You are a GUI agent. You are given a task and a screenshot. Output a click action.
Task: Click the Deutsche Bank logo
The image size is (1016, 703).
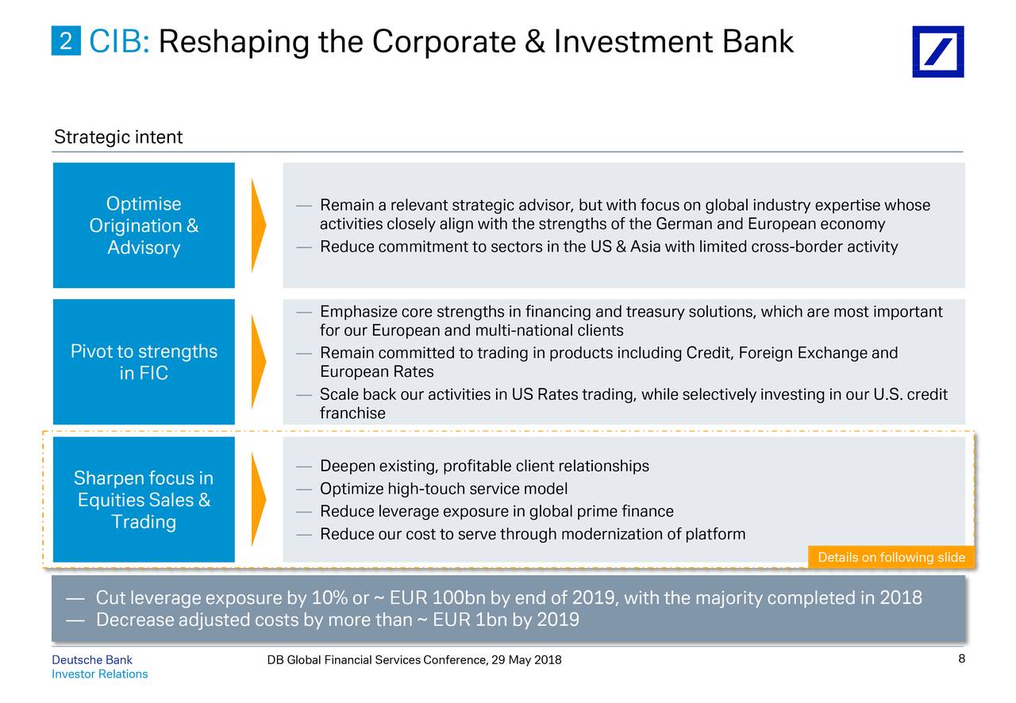[937, 52]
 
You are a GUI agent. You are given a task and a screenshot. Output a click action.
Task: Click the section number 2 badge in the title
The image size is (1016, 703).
[66, 40]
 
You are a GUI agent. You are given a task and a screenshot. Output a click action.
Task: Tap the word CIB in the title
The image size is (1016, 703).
[119, 41]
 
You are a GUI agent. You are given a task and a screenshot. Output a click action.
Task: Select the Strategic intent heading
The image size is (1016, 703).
[118, 136]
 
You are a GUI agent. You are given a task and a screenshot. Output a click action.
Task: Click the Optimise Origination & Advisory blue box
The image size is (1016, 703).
[144, 225]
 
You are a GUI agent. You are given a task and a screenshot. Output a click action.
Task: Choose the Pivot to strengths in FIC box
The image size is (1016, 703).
[144, 362]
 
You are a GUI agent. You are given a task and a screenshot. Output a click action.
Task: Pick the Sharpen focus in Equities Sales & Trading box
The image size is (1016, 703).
[144, 499]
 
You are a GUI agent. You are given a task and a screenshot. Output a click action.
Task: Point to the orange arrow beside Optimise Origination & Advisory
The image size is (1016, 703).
[258, 225]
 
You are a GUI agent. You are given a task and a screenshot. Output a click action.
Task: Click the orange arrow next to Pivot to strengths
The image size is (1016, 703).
[258, 362]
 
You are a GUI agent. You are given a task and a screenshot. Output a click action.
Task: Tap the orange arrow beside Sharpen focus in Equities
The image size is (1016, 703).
[258, 499]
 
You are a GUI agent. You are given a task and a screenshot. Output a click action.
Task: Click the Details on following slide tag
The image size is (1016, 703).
[891, 556]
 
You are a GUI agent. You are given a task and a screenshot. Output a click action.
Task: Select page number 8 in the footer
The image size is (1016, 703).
[961, 659]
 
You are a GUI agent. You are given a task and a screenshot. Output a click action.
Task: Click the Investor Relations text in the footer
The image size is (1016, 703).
[100, 674]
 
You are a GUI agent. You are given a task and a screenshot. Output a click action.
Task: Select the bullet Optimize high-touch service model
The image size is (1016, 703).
[444, 489]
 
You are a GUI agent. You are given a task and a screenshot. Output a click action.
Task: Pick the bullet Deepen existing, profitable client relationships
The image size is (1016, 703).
[484, 466]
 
